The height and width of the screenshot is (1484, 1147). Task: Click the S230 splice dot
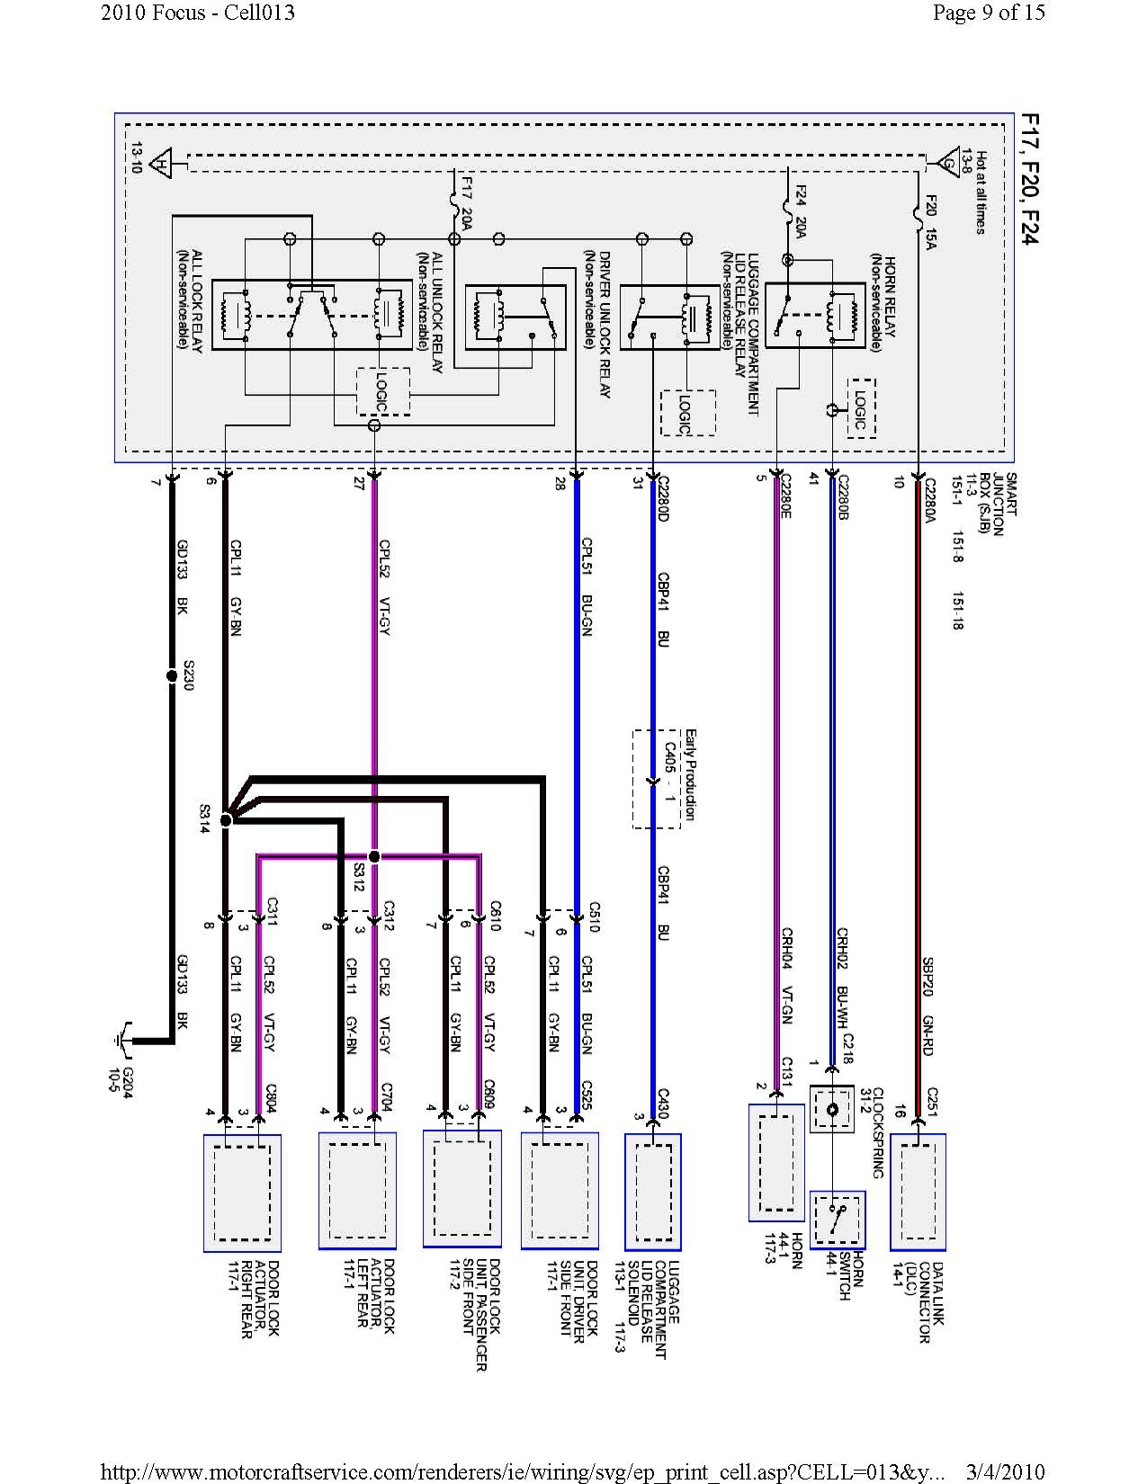[172, 675]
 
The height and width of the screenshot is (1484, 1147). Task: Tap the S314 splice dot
[226, 819]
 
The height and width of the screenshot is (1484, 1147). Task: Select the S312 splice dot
[375, 856]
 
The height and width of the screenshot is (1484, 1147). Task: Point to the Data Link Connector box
[918, 1192]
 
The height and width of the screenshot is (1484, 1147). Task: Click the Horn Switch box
[838, 1220]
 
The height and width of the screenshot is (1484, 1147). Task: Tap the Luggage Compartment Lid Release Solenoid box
[653, 1192]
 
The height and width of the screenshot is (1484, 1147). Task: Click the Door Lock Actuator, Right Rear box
[242, 1193]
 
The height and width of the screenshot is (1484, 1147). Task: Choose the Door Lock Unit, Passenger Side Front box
[461, 1188]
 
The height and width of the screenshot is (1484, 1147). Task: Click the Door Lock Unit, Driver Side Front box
[559, 1190]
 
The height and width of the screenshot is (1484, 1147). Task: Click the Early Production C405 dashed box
[658, 779]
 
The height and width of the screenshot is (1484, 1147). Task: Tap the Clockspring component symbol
[831, 1110]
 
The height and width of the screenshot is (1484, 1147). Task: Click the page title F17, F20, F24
[1026, 181]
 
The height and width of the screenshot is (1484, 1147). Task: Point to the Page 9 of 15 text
[989, 13]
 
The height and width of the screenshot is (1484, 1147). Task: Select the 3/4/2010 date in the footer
[1005, 1471]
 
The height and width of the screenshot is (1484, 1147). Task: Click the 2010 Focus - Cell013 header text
[198, 13]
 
